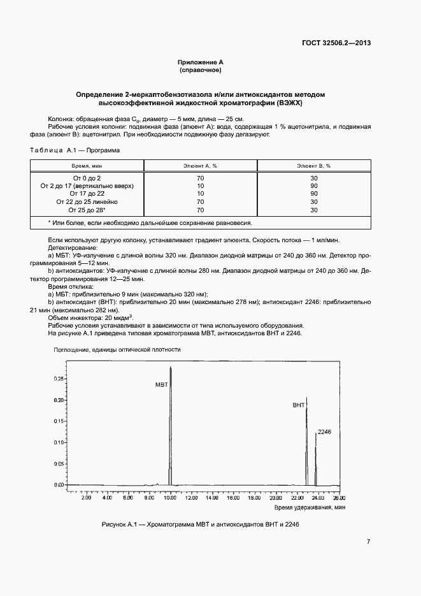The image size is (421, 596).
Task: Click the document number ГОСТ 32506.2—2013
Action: [x=336, y=43]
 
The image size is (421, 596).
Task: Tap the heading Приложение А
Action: [x=200, y=62]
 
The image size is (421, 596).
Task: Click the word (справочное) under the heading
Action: [x=200, y=69]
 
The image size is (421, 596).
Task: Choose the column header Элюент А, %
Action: [x=201, y=165]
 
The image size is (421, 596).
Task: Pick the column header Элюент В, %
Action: [x=313, y=165]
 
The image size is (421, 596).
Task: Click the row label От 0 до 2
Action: [x=87, y=177]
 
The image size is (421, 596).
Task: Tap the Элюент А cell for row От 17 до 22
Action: [x=201, y=193]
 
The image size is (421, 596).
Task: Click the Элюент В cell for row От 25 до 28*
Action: [x=313, y=210]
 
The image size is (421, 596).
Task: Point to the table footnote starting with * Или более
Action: [x=150, y=223]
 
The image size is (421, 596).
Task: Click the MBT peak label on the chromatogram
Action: [x=161, y=385]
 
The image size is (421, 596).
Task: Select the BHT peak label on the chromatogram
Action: [x=298, y=405]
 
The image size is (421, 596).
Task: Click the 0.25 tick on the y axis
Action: [x=59, y=379]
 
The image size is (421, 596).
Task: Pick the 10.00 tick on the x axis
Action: [x=170, y=497]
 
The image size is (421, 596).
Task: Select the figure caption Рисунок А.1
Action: [x=200, y=524]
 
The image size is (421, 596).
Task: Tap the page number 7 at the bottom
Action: [x=368, y=542]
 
